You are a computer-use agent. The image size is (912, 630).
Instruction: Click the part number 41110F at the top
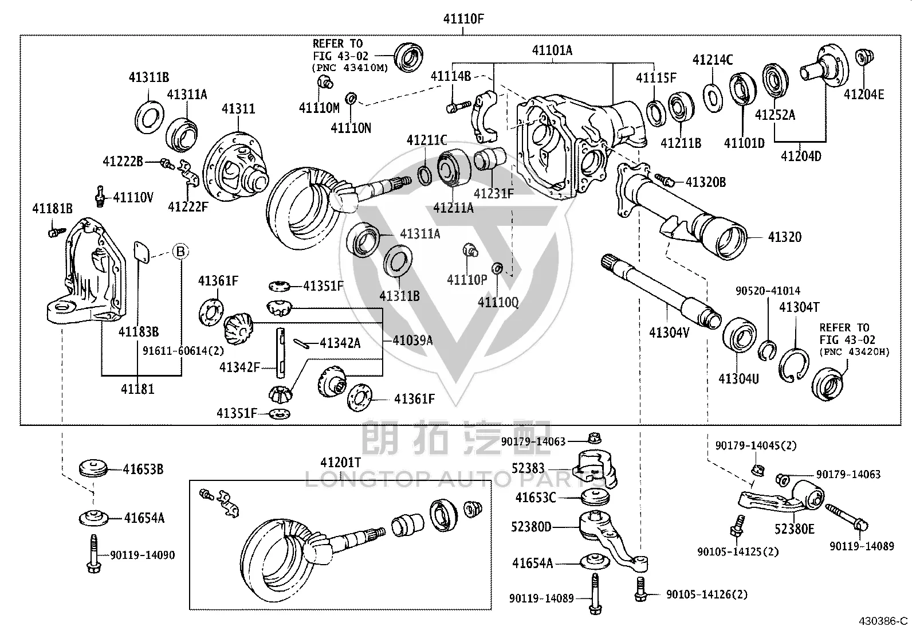[463, 19]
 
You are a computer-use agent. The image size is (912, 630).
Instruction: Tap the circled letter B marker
[181, 251]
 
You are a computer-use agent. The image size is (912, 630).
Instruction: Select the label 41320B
[706, 182]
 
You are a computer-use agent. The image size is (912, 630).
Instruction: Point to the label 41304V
[669, 332]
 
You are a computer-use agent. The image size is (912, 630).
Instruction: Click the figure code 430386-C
[883, 621]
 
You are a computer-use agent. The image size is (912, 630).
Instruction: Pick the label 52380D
[531, 527]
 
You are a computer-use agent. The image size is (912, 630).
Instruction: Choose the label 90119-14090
[143, 555]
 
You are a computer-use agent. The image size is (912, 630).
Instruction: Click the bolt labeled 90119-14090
[93, 554]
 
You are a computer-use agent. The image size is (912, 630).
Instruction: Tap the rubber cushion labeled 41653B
[93, 468]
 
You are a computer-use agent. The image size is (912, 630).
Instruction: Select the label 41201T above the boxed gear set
[340, 463]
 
